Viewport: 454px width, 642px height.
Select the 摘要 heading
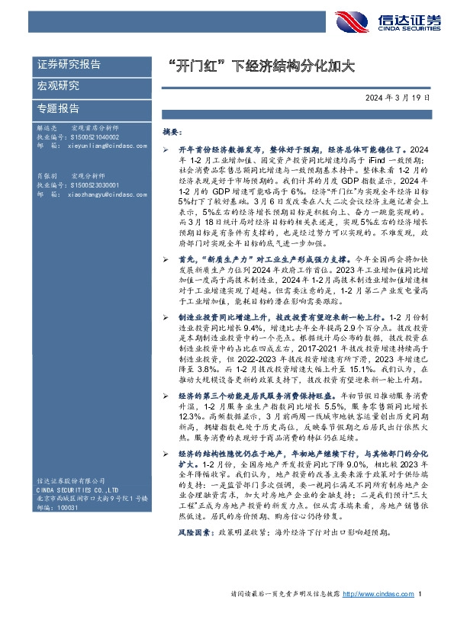pos(172,132)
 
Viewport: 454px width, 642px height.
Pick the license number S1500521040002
pos(84,136)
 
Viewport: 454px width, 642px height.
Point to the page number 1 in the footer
pos(420,615)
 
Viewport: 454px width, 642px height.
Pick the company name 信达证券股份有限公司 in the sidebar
pos(72,480)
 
